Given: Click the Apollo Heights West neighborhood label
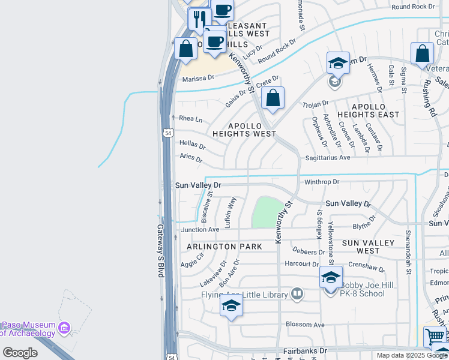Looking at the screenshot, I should pyautogui.click(x=243, y=130).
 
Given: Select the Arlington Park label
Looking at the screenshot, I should pyautogui.click(x=224, y=247).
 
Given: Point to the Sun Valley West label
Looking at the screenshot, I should pyautogui.click(x=369, y=247).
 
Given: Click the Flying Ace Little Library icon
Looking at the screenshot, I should pyautogui.click(x=297, y=294).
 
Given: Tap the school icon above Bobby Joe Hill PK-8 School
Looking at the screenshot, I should pyautogui.click(x=331, y=277).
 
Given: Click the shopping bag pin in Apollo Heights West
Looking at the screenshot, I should pyautogui.click(x=273, y=98).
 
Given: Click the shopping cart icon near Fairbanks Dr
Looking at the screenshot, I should pyautogui.click(x=436, y=337).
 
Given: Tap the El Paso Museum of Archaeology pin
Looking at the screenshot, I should pyautogui.click(x=65, y=328).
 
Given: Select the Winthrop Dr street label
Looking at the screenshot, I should pyautogui.click(x=322, y=181).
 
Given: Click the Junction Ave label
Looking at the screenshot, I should pyautogui.click(x=200, y=229).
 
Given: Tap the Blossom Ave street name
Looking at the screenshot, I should pyautogui.click(x=305, y=325).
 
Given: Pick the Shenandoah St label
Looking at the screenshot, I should pyautogui.click(x=408, y=251).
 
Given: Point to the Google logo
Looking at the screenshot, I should pyautogui.click(x=20, y=353).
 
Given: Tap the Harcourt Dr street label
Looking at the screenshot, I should pyautogui.click(x=301, y=263).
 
